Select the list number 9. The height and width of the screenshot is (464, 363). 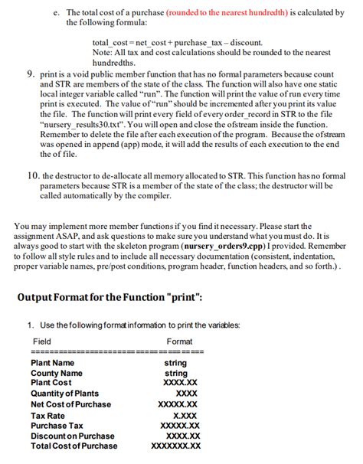pyautogui.click(x=29, y=75)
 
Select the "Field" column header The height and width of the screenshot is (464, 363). pyautogui.click(x=42, y=341)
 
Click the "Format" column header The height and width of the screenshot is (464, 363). pyautogui.click(x=179, y=341)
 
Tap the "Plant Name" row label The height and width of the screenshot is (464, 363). pyautogui.click(x=52, y=363)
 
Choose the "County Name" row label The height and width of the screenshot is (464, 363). pyautogui.click(x=56, y=373)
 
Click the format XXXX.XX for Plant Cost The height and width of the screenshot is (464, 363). pyautogui.click(x=181, y=383)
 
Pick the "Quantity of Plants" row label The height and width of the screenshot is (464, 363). pyautogui.click(x=64, y=394)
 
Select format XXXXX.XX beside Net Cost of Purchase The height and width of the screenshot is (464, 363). pyautogui.click(x=178, y=404)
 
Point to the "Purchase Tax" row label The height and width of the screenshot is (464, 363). pyautogui.click(x=57, y=425)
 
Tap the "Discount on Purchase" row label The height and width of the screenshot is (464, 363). pyautogui.click(x=72, y=436)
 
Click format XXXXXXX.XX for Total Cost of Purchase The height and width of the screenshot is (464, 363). pyautogui.click(x=176, y=446)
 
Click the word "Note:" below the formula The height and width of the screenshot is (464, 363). pyautogui.click(x=102, y=51)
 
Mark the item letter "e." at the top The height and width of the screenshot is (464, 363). pyautogui.click(x=57, y=13)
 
